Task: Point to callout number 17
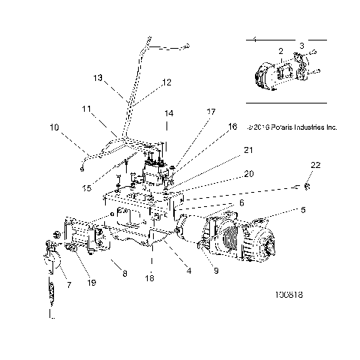(x=211, y=112)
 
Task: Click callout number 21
(x=226, y=151)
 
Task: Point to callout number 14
(x=169, y=113)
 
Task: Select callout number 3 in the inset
(x=302, y=46)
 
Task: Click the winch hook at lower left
(x=50, y=262)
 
